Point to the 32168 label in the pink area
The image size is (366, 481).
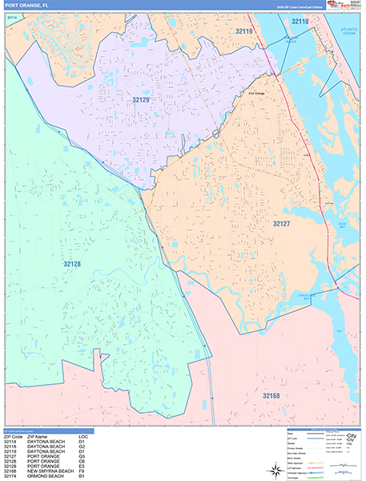click(x=272, y=395)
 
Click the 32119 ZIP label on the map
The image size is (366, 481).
click(x=244, y=31)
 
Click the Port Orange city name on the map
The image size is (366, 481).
click(x=256, y=94)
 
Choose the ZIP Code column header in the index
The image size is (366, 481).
click(x=15, y=436)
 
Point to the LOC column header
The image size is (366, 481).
click(x=83, y=436)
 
